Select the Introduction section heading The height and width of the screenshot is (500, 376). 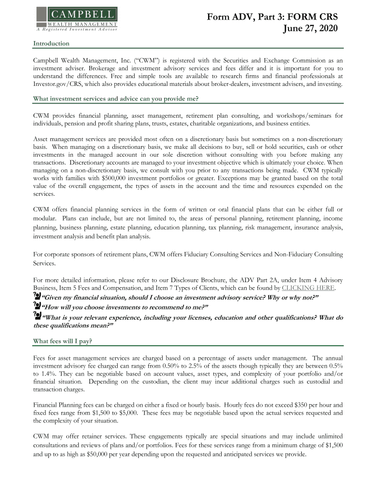[x=51, y=43]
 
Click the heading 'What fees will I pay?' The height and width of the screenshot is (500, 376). [x=62, y=327]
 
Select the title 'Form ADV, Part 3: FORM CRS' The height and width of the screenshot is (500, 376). [x=272, y=17]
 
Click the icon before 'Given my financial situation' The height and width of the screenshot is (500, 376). [x=37, y=296]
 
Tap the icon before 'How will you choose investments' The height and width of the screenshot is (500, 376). [x=37, y=306]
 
